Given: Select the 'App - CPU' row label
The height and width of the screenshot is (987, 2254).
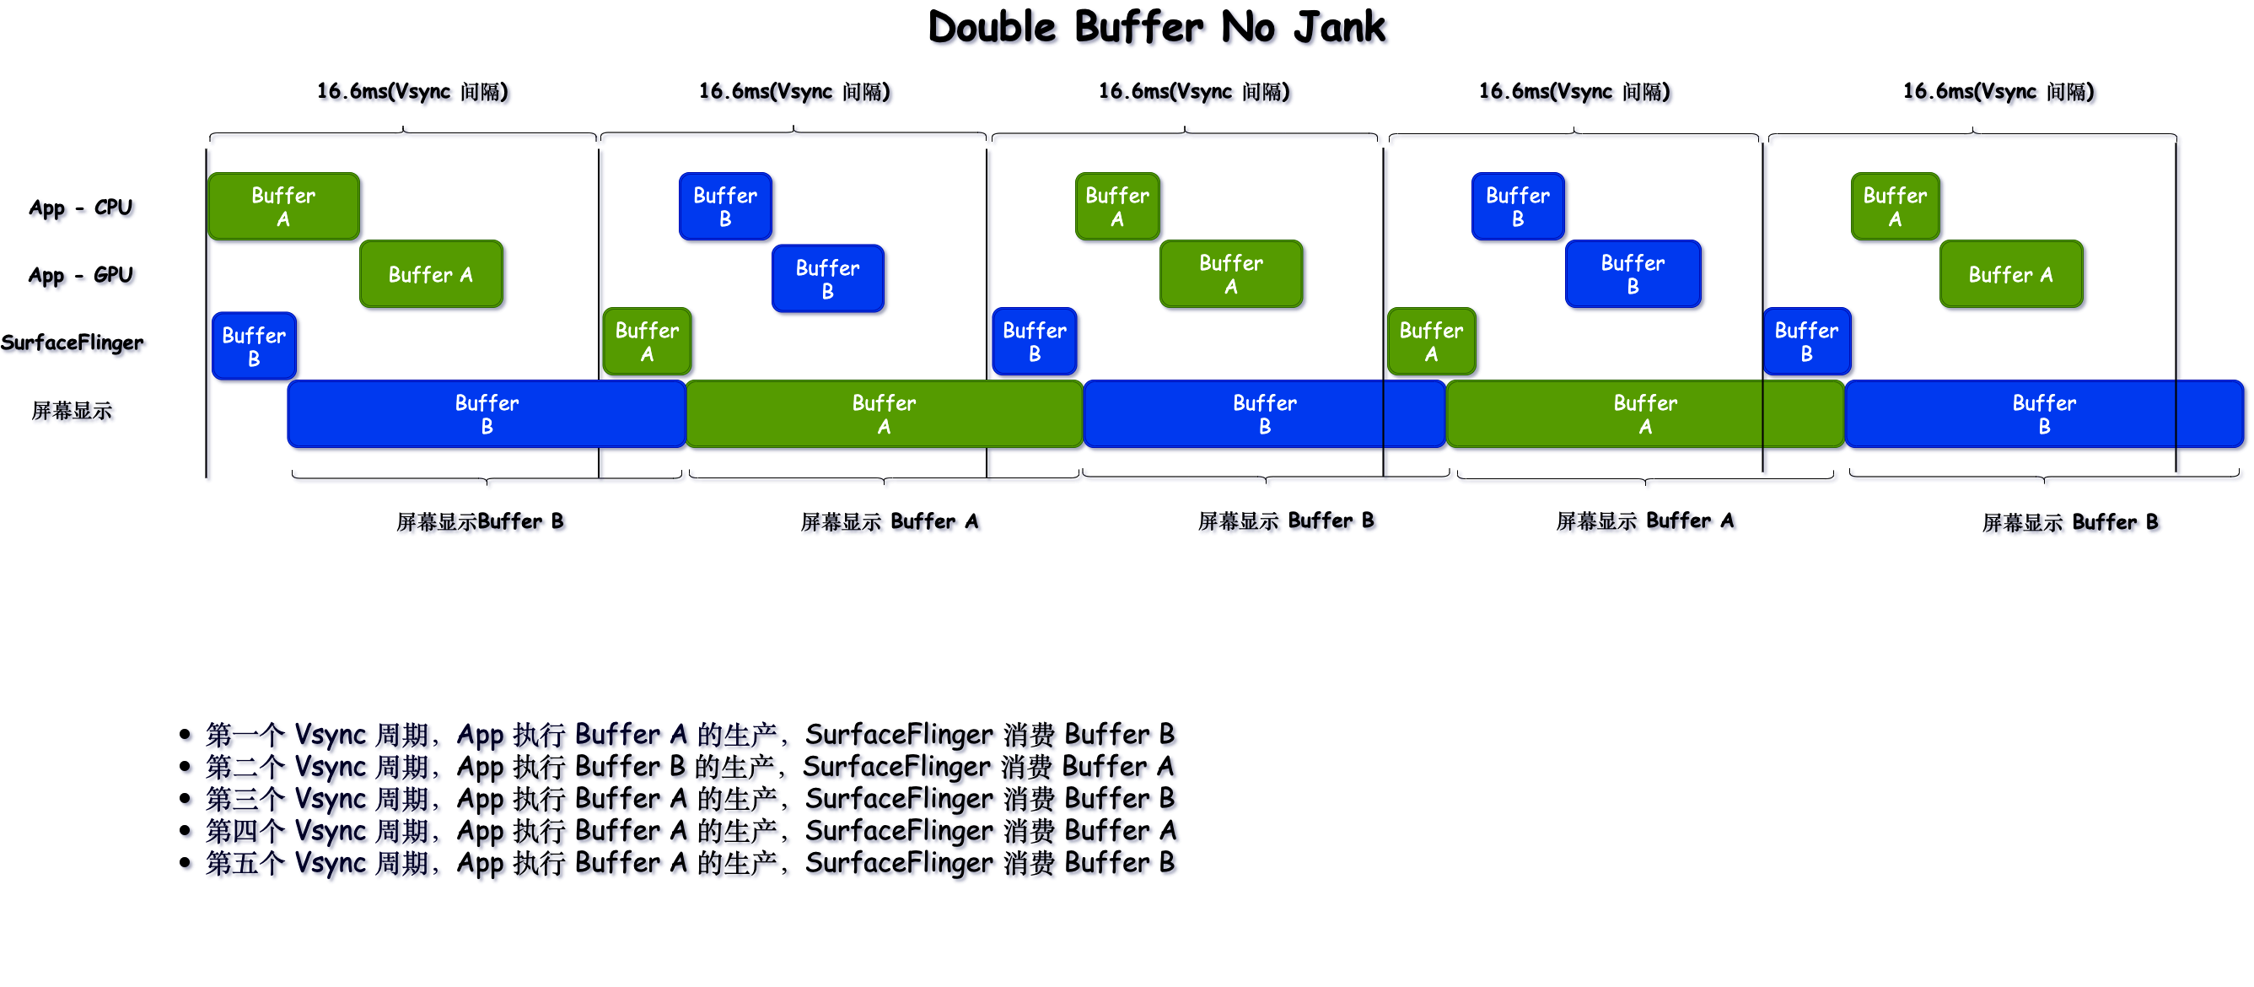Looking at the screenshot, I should pos(80,208).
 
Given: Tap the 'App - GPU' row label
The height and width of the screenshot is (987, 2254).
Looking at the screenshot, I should pos(80,276).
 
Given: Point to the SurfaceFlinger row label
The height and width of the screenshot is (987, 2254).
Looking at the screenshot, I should pos(72,343).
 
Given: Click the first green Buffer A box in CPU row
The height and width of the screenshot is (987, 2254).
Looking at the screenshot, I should pos(283,207).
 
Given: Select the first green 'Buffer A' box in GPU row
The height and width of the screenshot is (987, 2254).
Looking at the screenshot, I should pos(431,275).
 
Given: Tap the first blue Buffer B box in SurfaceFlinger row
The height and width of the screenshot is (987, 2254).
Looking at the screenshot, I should pos(254,347).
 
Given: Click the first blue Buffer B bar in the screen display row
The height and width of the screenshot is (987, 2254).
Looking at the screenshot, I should pos(487,415).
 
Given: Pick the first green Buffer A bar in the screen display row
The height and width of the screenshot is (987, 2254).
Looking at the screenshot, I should pos(884,415).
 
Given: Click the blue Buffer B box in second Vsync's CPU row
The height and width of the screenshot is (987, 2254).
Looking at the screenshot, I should pos(725,207).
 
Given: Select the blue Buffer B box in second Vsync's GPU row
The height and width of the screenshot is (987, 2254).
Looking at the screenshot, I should pos(828,279).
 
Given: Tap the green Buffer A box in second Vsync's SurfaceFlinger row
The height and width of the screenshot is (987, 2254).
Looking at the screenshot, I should pos(647,342).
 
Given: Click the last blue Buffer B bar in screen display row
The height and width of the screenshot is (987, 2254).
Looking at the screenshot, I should pos(2044,415).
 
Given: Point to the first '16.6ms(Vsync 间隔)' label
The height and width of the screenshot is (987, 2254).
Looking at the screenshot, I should pos(412,92).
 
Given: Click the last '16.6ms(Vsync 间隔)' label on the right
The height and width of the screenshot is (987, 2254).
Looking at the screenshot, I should pos(1998,92).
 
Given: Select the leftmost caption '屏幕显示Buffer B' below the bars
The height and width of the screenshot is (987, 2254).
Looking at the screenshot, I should pos(480,522).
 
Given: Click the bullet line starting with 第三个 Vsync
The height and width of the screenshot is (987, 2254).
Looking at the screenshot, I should pos(690,799).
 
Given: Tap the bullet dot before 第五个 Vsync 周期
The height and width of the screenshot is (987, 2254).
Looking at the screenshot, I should pos(185,863).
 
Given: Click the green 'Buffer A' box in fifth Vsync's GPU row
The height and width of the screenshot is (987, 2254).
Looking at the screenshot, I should pos(2011,275).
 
